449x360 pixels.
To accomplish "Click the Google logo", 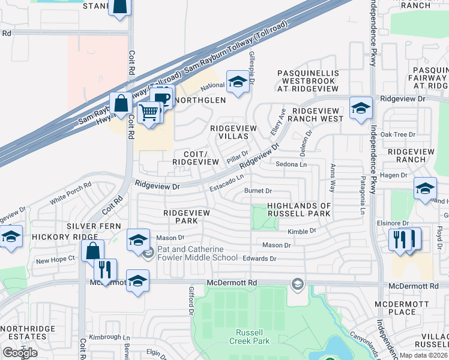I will click(x=20, y=353).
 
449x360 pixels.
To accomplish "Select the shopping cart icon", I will click(x=149, y=112).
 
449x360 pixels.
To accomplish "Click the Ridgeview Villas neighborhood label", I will click(x=234, y=132).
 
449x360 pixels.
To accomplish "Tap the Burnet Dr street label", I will click(x=259, y=191).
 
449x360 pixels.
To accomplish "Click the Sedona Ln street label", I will click(x=291, y=164).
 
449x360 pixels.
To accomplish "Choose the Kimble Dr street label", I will click(x=301, y=230).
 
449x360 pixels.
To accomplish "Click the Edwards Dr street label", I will click(x=259, y=259).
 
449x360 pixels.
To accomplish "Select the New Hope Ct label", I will click(x=55, y=259).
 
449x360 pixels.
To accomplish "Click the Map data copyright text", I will click(x=423, y=355).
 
